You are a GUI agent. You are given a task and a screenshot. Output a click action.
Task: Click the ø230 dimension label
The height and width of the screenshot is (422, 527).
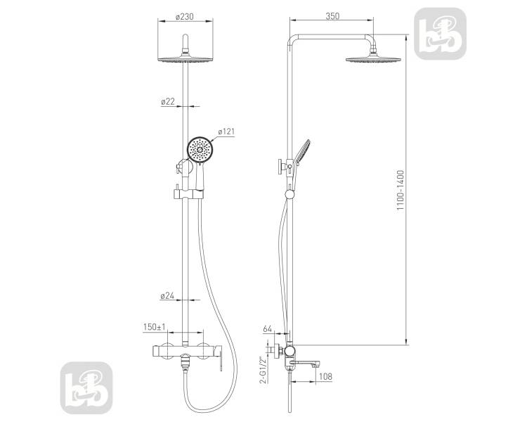click(x=185, y=16)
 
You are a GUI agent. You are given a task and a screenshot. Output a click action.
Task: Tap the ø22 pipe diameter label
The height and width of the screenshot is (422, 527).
click(x=168, y=101)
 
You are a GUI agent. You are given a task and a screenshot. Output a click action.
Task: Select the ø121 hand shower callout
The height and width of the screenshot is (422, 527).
click(x=226, y=132)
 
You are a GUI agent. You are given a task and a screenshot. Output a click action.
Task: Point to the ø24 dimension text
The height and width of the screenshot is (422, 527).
click(x=167, y=296)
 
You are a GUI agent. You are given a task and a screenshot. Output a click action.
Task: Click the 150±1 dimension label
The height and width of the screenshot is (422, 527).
click(x=155, y=327)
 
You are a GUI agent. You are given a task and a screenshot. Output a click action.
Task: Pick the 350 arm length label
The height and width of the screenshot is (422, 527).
click(x=332, y=15)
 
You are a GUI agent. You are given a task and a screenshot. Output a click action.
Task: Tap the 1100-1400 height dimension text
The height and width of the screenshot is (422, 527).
click(x=401, y=191)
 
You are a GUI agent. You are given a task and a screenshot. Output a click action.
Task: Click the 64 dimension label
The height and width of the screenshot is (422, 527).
click(x=267, y=328)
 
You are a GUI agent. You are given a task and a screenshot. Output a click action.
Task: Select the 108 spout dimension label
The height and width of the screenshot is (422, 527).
click(x=325, y=376)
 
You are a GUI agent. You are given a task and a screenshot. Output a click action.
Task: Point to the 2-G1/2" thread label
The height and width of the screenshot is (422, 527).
click(x=263, y=369)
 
